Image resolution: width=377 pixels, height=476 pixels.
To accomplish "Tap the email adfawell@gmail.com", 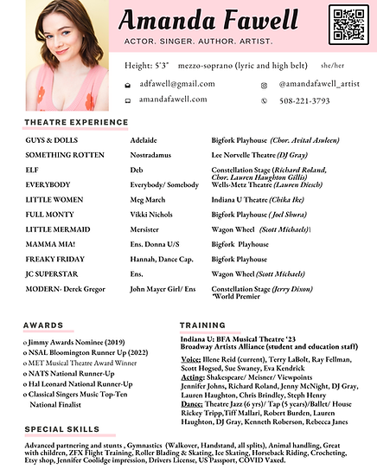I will [177, 84].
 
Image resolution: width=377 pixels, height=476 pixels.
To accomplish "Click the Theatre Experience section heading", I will [76, 122].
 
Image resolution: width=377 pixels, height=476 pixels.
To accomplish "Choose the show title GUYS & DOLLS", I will [51, 139].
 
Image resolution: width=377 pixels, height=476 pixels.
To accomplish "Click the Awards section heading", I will [44, 325].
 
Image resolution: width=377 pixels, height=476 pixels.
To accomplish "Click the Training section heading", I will [202, 325].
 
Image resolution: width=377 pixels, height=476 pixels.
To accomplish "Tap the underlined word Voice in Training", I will [190, 357].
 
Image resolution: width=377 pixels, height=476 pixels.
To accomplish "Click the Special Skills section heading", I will [62, 429].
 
